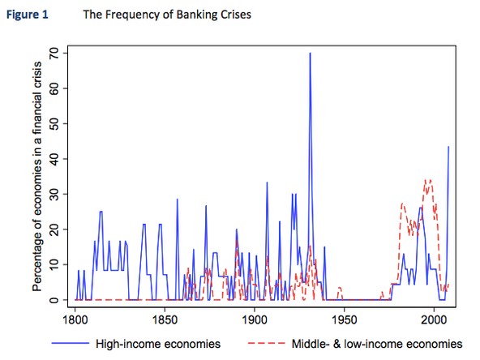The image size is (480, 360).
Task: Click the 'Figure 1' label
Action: point(28,15)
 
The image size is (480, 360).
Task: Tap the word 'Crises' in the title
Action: point(236,15)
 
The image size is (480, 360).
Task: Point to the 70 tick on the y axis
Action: point(54,54)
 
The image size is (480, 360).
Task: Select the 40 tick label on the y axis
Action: point(54,159)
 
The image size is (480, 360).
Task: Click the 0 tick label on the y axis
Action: point(54,300)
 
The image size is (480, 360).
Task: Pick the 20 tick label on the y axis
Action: point(54,229)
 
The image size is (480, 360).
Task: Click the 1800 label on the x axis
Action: point(75,320)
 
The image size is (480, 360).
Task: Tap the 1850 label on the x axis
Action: point(165,320)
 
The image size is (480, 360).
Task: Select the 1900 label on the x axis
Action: point(255,320)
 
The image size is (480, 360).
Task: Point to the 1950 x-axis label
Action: point(344,320)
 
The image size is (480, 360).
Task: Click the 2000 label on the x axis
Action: point(434,320)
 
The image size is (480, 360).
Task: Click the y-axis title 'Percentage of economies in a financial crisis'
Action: point(37,176)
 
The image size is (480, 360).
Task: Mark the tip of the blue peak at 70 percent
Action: point(310,53)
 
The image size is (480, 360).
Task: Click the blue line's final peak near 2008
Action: point(448,147)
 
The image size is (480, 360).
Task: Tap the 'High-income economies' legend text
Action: point(158,344)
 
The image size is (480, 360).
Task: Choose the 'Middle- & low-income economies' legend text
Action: point(377,344)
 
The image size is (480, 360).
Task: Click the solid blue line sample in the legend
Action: point(71,344)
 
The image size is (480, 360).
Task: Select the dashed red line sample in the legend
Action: point(266,344)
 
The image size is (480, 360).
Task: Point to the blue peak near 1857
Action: point(178,199)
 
